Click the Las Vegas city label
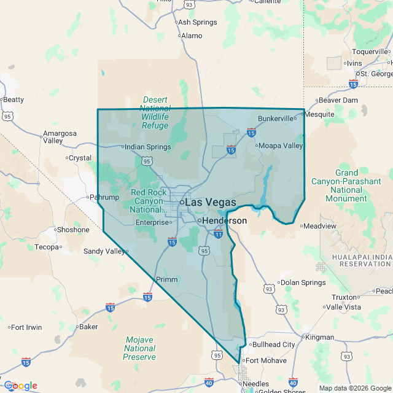click(210, 202)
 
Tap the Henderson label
click(224, 220)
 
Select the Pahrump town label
click(103, 198)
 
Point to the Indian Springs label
click(147, 147)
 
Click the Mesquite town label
click(320, 114)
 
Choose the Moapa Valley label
click(281, 146)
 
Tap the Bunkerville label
click(277, 118)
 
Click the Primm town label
click(167, 279)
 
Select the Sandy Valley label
click(103, 251)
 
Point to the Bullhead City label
click(273, 344)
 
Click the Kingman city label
click(320, 337)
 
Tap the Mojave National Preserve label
click(139, 348)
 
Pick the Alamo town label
click(192, 36)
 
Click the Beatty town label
click(14, 99)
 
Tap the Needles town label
click(257, 383)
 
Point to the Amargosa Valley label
click(60, 137)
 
